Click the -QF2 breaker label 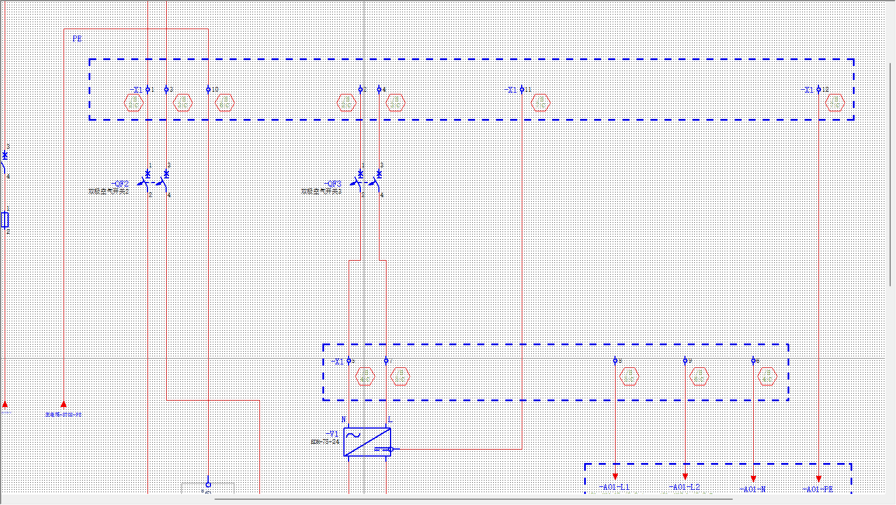tap(120, 184)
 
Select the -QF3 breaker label tap(333, 184)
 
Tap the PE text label tap(77, 39)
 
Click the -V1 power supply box tap(367, 442)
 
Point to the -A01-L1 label tap(614, 488)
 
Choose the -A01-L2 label tap(684, 488)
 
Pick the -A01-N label tap(753, 490)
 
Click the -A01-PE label tap(818, 490)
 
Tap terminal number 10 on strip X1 tap(215, 90)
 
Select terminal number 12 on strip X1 tap(825, 90)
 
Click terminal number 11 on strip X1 tap(528, 90)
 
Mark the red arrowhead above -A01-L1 tap(615, 476)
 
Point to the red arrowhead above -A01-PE tap(818, 479)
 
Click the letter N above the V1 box tap(343, 420)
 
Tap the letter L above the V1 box tap(390, 420)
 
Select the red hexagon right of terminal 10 tap(225, 103)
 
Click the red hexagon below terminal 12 tap(835, 103)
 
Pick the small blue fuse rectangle tap(5, 220)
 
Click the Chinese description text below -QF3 tap(321, 191)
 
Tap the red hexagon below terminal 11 tap(541, 103)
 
